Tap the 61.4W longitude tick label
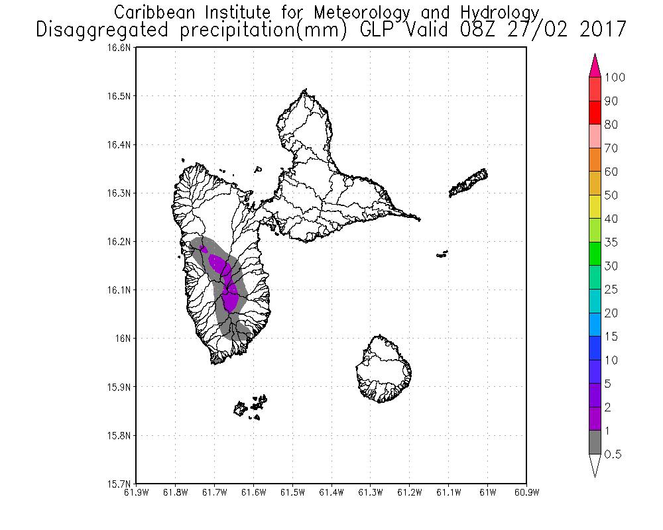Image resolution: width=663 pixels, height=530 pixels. tap(331, 492)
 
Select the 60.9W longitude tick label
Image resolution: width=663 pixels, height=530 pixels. tap(526, 492)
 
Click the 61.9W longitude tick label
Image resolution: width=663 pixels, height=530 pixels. tap(136, 492)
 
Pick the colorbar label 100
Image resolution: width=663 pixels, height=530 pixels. tap(615, 78)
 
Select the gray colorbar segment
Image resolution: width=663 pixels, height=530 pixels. tap(595, 443)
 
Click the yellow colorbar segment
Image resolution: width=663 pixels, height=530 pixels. tap(595, 207)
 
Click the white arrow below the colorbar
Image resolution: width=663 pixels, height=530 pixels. tap(595, 465)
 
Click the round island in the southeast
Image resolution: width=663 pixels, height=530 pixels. tap(383, 368)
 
